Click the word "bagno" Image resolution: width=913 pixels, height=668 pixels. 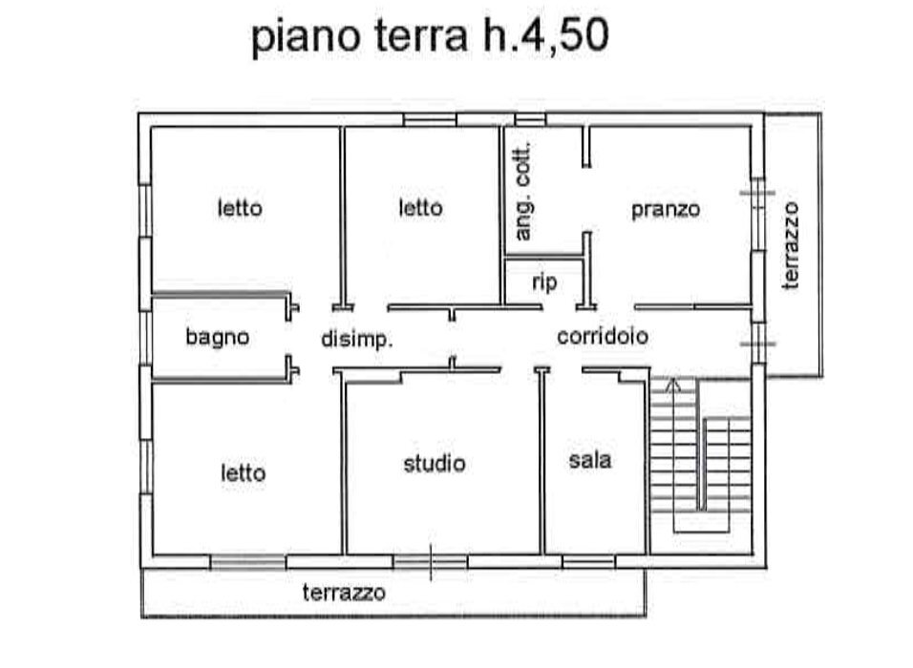[x=218, y=337]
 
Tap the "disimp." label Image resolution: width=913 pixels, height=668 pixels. [x=357, y=339]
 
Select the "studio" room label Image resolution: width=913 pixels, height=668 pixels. [x=435, y=464]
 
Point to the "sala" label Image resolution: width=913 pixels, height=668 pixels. [x=590, y=460]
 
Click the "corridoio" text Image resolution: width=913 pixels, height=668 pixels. [x=603, y=336]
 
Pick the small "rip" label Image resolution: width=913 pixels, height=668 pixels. [x=544, y=282]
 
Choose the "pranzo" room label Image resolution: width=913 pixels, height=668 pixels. [x=666, y=209]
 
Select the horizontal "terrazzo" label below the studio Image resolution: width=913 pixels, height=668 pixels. [x=345, y=593]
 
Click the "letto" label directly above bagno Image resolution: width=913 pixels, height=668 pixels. [x=240, y=207]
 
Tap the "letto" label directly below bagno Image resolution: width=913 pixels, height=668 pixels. [x=244, y=472]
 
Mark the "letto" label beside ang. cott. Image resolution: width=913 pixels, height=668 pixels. [x=420, y=207]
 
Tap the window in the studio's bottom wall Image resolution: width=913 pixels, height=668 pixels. [x=430, y=562]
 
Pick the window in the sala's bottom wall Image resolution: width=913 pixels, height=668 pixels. [x=588, y=562]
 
